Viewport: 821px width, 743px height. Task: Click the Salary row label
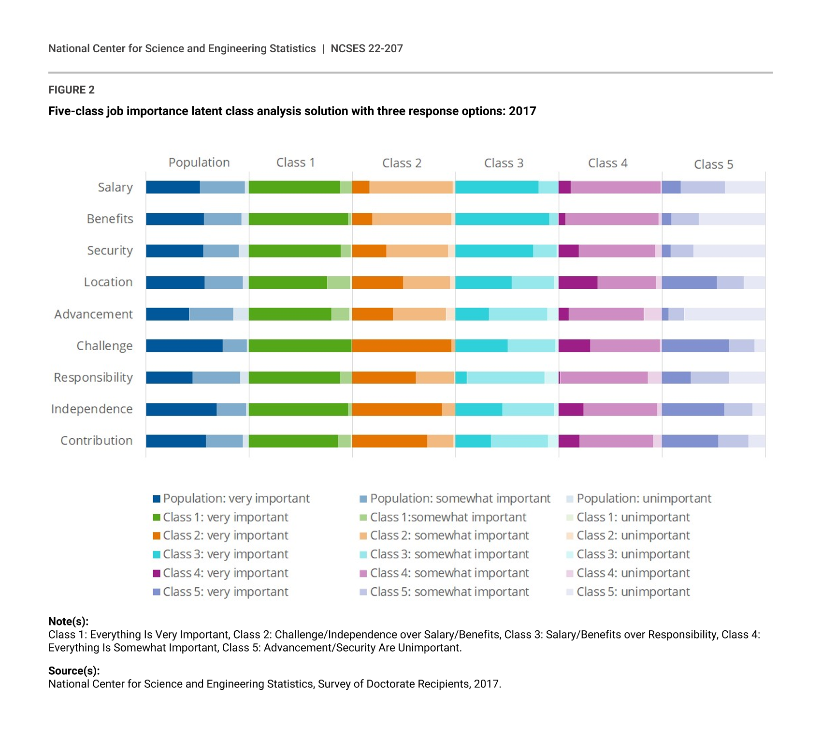(115, 187)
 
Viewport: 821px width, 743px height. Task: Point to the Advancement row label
(93, 314)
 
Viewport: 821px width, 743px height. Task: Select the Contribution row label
(96, 441)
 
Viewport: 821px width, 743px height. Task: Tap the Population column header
(199, 163)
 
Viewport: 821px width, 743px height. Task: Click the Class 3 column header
(504, 163)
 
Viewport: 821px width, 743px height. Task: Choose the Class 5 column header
(713, 164)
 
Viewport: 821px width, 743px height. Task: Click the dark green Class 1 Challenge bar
(300, 346)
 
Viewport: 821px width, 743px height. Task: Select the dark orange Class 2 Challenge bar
(402, 346)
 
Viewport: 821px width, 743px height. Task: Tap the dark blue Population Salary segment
(173, 187)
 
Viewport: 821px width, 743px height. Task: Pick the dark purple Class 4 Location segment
(578, 282)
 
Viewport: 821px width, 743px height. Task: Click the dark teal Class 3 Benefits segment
(502, 219)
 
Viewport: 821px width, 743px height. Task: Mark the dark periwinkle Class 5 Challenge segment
(695, 346)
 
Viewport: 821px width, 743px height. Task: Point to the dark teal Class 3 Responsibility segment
(461, 378)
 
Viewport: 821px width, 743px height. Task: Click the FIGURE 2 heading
(72, 90)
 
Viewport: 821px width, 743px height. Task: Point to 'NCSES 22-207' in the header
(366, 49)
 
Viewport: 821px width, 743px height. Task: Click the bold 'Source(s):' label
(74, 671)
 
